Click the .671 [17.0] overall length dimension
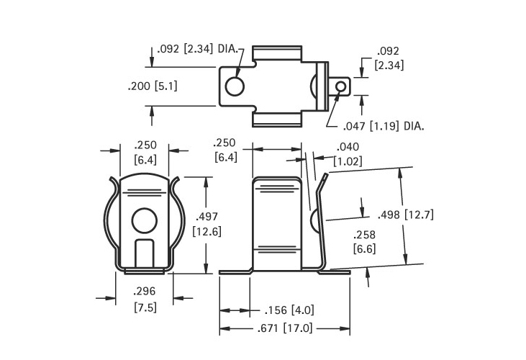(x=285, y=328)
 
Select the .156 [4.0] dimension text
(x=289, y=310)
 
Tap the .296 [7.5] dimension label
(x=145, y=300)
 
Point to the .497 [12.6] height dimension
(x=207, y=224)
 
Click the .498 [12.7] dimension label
(x=406, y=215)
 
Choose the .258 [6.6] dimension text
(x=364, y=242)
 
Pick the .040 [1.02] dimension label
(x=348, y=154)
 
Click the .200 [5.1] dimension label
(x=153, y=86)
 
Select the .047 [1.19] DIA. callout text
(x=384, y=126)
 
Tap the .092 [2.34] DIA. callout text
(x=197, y=49)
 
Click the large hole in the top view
(x=235, y=86)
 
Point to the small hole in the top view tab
(x=340, y=86)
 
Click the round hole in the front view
(x=144, y=220)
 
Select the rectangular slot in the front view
(x=144, y=253)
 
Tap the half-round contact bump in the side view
(x=314, y=221)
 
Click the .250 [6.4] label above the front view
(x=145, y=153)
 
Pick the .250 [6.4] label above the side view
(x=225, y=150)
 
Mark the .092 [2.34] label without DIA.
(x=389, y=58)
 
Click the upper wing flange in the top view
(x=277, y=54)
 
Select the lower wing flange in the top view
(x=277, y=120)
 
